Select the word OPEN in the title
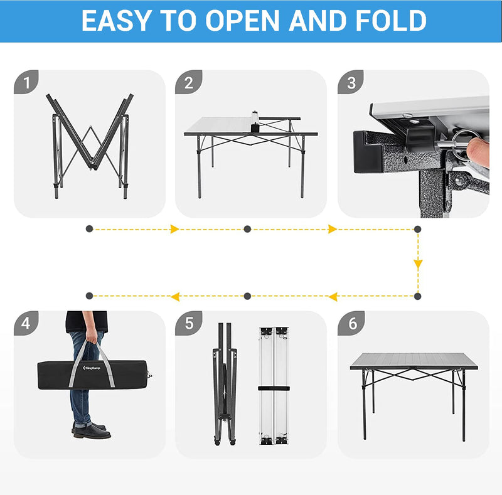point(241,20)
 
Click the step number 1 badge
point(26,82)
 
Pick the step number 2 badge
point(188,82)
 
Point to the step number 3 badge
point(350,82)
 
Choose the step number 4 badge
point(26,323)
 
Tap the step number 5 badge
point(188,323)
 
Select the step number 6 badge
point(350,323)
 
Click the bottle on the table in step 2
point(255,121)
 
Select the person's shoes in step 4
point(91,431)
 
